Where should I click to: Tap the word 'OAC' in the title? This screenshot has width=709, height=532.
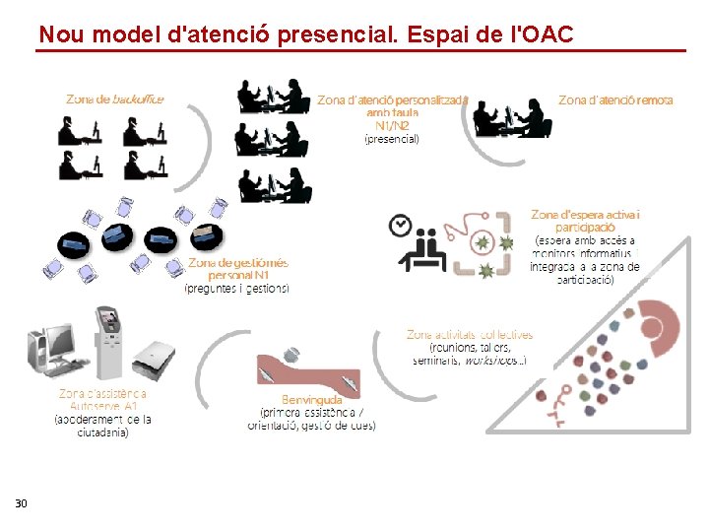[543, 35]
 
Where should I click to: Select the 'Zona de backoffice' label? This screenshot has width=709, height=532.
[115, 99]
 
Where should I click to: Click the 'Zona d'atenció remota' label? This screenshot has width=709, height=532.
[615, 100]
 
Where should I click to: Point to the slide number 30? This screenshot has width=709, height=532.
[21, 504]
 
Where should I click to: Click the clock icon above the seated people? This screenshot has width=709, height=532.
[400, 225]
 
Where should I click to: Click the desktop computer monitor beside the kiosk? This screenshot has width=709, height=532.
[56, 345]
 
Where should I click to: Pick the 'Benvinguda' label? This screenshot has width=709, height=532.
[311, 400]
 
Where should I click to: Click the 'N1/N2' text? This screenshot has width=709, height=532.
[393, 125]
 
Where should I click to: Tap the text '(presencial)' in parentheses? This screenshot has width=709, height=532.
[392, 139]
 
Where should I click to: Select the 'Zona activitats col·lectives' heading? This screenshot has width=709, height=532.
[470, 335]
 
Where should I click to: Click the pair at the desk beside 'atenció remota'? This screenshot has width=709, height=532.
[512, 118]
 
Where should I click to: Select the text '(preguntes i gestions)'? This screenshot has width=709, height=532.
[237, 289]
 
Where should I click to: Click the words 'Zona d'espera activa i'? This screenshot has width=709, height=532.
[585, 215]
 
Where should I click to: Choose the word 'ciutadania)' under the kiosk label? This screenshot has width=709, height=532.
[103, 432]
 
